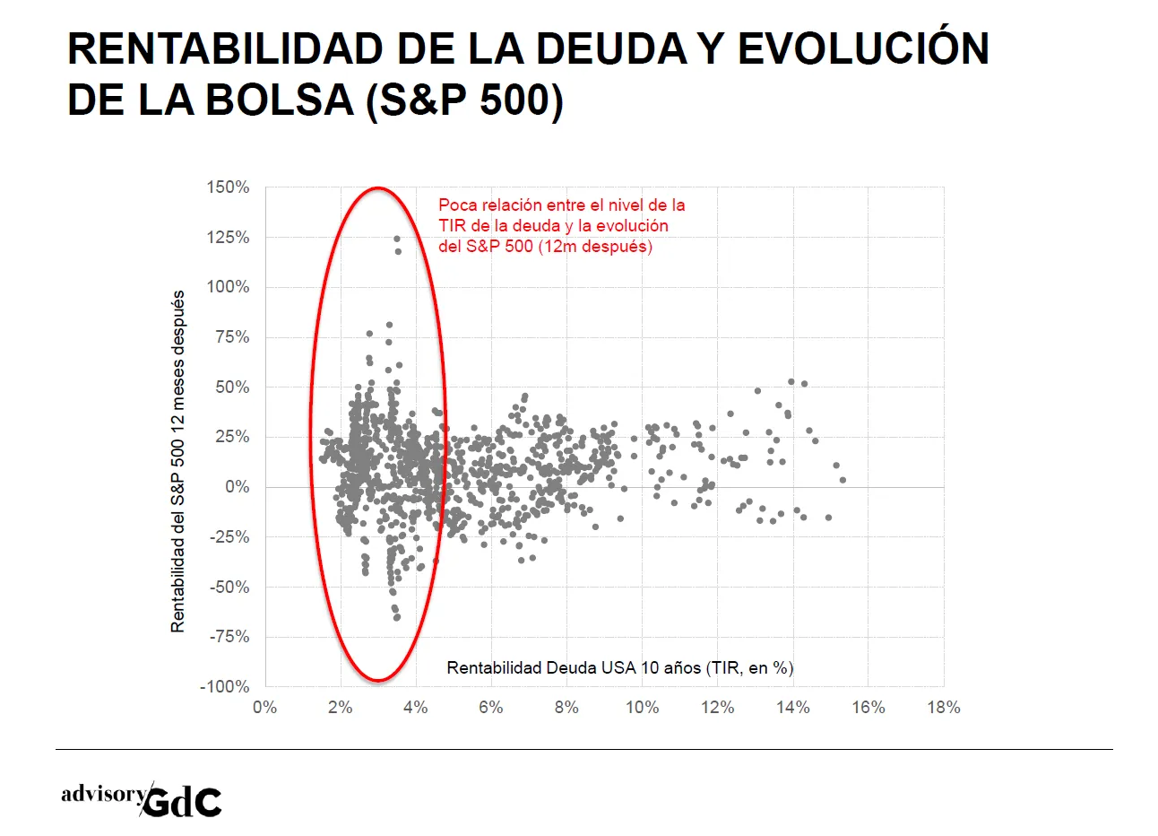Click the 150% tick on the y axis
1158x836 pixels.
(x=228, y=187)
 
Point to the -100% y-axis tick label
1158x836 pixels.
(x=225, y=686)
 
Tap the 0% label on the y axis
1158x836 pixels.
(x=238, y=487)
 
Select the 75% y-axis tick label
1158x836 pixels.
(x=232, y=337)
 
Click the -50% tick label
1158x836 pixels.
(x=229, y=588)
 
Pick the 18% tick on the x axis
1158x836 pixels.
(x=944, y=707)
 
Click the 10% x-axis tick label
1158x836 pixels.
(x=642, y=707)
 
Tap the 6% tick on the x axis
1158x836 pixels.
(x=491, y=707)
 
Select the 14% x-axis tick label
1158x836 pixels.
(x=793, y=707)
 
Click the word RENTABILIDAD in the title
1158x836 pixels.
(x=225, y=48)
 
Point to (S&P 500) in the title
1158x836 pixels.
(x=464, y=100)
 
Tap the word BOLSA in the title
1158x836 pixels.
(x=280, y=100)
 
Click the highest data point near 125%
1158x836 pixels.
(x=397, y=239)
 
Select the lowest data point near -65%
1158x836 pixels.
(x=397, y=617)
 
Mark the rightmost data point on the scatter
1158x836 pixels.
(x=843, y=480)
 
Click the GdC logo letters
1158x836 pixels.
(x=181, y=802)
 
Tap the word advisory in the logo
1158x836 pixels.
(x=103, y=794)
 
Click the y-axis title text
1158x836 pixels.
(x=177, y=461)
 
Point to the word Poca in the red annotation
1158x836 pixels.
(x=457, y=205)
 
